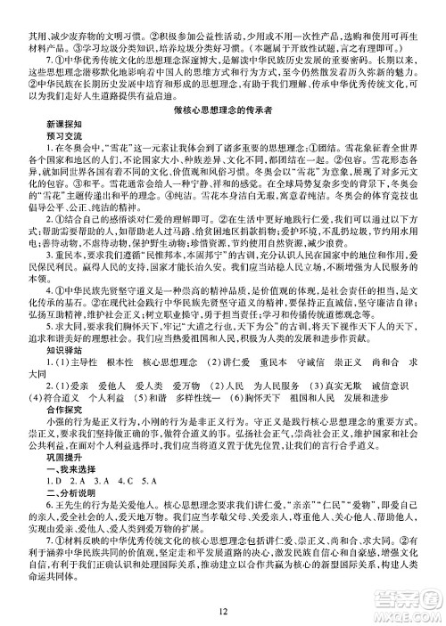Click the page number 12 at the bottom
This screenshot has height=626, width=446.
point(223,610)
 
